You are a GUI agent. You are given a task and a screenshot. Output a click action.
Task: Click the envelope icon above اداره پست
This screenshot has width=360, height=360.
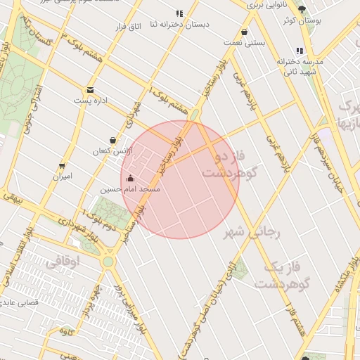click(91, 90)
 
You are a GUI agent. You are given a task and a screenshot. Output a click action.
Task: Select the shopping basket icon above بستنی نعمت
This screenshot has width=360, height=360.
click(244, 32)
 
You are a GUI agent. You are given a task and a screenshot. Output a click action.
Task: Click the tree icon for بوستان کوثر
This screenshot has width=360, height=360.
click(302, 10)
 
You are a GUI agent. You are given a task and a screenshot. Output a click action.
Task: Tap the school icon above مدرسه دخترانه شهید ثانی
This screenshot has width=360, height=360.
click(300, 51)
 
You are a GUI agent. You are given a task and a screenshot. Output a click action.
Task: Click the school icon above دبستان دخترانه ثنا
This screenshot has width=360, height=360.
click(179, 13)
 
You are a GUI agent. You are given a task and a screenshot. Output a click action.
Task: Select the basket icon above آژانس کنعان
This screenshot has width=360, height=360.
click(113, 140)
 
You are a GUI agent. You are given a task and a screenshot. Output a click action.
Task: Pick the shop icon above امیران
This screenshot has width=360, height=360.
click(62, 166)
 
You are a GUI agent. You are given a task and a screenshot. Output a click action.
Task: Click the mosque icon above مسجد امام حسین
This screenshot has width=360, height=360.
click(131, 178)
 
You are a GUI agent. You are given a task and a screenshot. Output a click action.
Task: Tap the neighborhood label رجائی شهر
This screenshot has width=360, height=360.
click(252, 232)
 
